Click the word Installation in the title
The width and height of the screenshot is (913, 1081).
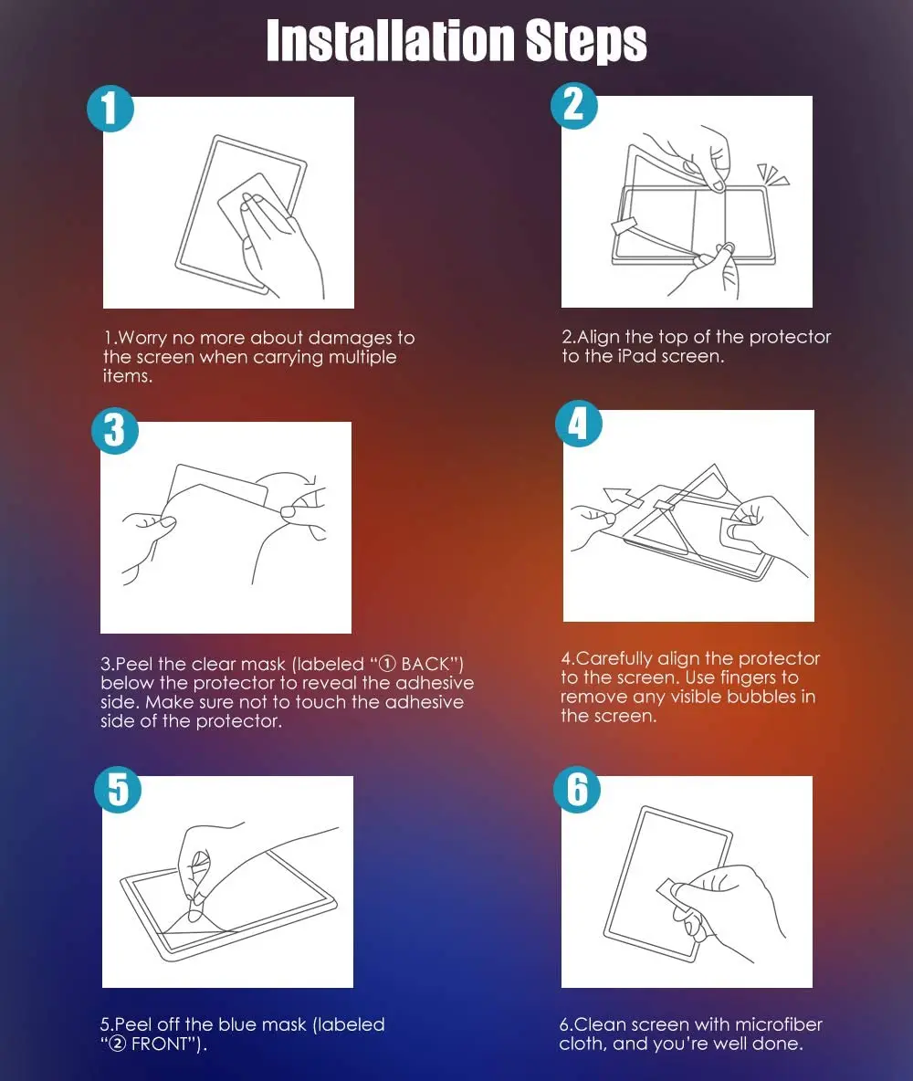pyautogui.click(x=391, y=41)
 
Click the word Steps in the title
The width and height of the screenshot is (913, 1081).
pyautogui.click(x=586, y=42)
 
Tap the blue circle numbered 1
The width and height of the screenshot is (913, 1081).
pyautogui.click(x=110, y=109)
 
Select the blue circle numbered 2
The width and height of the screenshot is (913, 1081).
pyautogui.click(x=573, y=106)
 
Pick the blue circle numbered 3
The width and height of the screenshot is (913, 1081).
pyautogui.click(x=114, y=431)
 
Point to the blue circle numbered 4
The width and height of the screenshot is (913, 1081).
pyautogui.click(x=579, y=424)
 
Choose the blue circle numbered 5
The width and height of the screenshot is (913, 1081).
pyautogui.click(x=118, y=790)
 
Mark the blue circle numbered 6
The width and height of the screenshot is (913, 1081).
pyautogui.click(x=577, y=790)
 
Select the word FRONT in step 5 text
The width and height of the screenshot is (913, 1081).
pyautogui.click(x=160, y=1044)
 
